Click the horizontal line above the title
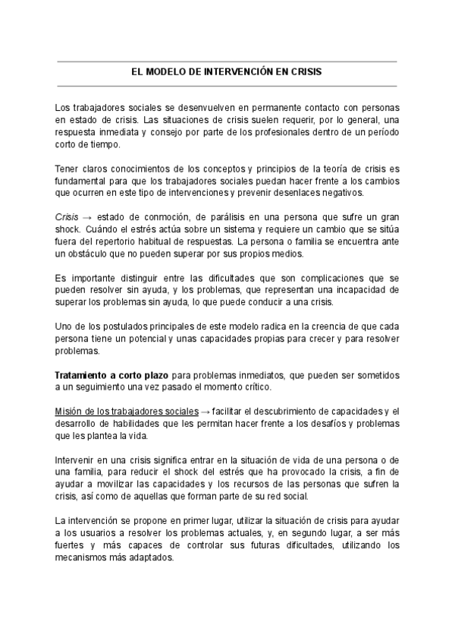(227, 62)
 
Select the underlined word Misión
(71, 412)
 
